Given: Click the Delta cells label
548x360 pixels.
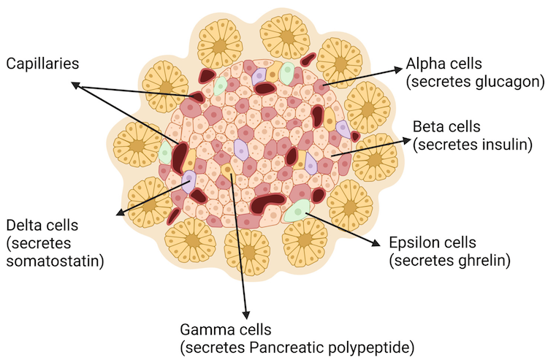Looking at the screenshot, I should click(42, 225).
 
